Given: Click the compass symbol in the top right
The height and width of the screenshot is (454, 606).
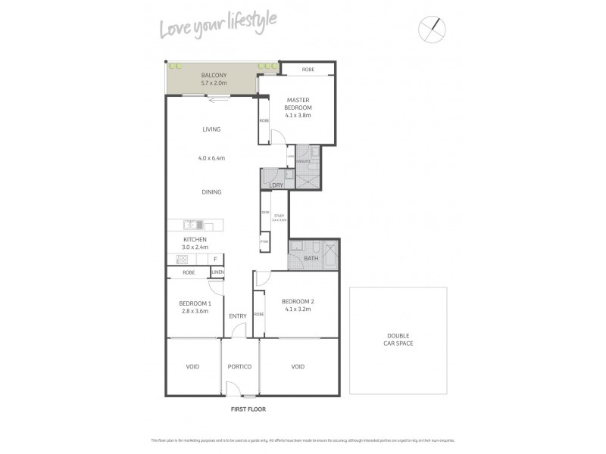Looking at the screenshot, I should tap(433, 29).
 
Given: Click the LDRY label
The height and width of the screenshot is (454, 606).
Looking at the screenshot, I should tap(276, 185).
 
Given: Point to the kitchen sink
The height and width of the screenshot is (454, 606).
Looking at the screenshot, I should tap(195, 224).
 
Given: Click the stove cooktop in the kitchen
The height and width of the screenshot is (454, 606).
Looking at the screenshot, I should tap(182, 259).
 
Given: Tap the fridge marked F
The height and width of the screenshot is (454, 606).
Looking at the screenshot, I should tap(215, 259).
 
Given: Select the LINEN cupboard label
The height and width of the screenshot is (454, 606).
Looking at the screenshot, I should tap(217, 272).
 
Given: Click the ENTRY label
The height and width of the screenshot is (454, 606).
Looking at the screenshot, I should tap(238, 316).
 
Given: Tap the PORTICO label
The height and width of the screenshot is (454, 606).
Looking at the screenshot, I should tap(239, 367).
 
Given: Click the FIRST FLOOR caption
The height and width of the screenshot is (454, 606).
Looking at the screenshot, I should tap(248, 409).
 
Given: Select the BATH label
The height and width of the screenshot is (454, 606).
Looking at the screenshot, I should tap(311, 259).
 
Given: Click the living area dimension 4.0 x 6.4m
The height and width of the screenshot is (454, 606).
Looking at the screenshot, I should tap(211, 158).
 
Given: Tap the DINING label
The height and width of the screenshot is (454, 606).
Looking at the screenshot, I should tap(211, 192).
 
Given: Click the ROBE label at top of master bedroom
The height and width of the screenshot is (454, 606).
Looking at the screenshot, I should tap(308, 70).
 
